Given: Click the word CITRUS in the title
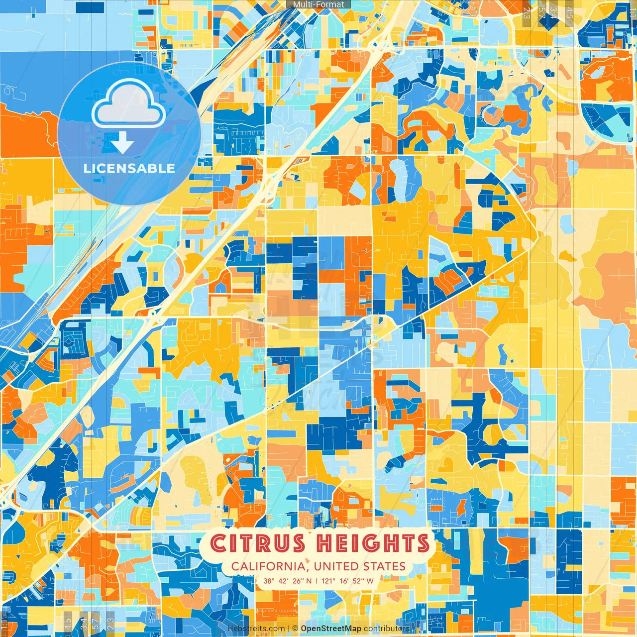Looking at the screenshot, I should click(258, 543).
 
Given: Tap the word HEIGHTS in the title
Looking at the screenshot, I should click(373, 543).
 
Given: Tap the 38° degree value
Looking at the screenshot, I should click(269, 581).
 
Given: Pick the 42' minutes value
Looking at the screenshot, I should click(282, 581).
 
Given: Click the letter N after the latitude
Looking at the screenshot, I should click(309, 581).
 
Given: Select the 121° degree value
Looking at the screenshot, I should click(328, 581).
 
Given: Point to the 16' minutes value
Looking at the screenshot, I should click(345, 581).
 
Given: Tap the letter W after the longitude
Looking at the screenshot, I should click(370, 581).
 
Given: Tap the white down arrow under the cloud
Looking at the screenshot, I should click(122, 144).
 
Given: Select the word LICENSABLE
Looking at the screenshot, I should click(129, 168).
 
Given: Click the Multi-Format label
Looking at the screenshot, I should click(318, 4).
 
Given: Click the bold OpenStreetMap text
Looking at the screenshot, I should click(330, 629).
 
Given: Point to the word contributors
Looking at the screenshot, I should click(386, 629).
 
